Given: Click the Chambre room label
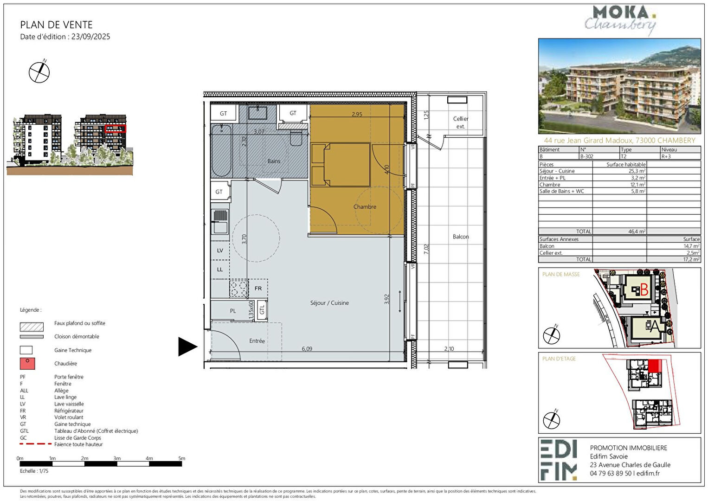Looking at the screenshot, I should point(365,207).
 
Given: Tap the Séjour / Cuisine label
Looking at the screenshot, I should point(329,303).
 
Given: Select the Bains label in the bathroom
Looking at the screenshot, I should point(274,161).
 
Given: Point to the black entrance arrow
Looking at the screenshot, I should point(188,347).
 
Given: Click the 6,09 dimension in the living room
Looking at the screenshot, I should point(307,349).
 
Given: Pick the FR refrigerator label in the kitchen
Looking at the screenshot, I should point(258,289).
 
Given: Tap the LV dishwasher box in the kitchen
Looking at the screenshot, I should point(220,250).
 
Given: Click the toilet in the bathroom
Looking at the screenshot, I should point(296,138).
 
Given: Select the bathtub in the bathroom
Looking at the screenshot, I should point(222,150).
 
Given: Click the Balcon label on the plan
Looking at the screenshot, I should point(461,237).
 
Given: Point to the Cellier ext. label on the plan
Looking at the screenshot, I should point(461,122).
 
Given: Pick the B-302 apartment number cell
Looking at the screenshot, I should point(587,156).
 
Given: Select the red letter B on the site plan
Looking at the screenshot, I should point(644,289).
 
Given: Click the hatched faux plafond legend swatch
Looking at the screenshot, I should point(32,327).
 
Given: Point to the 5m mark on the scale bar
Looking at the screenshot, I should point(182,459).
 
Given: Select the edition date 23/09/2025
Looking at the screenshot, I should point(90,37).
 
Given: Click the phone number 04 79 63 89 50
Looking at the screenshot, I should point(611,474).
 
